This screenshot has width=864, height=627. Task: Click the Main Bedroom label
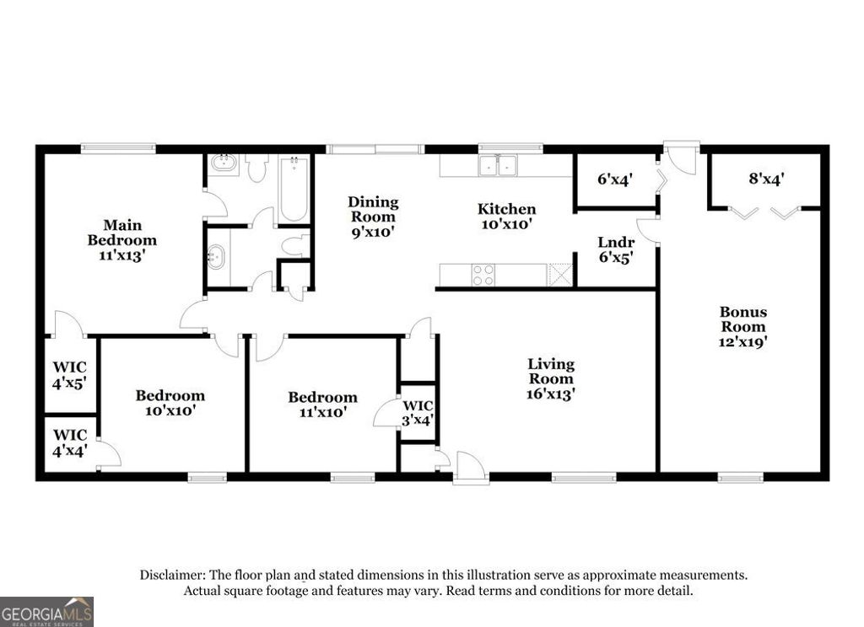(121, 240)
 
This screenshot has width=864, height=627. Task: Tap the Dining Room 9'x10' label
(373, 216)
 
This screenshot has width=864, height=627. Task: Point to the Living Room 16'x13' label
(551, 378)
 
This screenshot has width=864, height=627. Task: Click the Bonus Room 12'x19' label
(742, 327)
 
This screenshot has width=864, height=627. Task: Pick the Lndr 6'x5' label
(616, 250)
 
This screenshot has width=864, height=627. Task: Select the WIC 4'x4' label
(70, 442)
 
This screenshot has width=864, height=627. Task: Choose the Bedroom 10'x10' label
(170, 403)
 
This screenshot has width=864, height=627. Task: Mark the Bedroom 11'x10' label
(322, 405)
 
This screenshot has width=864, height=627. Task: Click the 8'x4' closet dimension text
(766, 179)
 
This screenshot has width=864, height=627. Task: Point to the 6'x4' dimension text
(615, 179)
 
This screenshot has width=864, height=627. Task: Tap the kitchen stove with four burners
(483, 275)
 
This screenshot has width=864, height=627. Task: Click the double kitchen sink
(499, 165)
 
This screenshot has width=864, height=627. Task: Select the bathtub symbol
(293, 189)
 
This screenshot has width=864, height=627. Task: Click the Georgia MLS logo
(46, 612)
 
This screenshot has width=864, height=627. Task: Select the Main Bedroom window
(118, 149)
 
